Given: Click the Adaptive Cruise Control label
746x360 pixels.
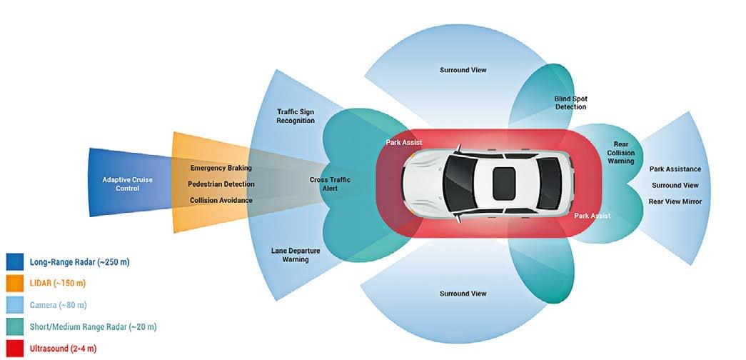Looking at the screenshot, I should pyautogui.click(x=128, y=184).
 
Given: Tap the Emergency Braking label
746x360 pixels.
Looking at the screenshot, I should pyautogui.click(x=221, y=169).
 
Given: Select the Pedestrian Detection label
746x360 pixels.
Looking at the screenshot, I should pyautogui.click(x=221, y=184).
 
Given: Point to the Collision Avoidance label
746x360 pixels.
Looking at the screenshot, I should pyautogui.click(x=221, y=201).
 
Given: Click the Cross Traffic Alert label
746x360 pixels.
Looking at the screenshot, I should pyautogui.click(x=330, y=184).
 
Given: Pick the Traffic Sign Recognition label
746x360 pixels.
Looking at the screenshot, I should pyautogui.click(x=296, y=116).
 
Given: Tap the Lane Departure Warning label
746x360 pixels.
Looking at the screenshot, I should pyautogui.click(x=295, y=255).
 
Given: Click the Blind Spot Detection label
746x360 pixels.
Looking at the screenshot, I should pyautogui.click(x=570, y=103).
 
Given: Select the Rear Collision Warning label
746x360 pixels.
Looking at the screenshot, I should pyautogui.click(x=620, y=152).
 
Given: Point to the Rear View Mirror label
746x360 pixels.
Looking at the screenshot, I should pyautogui.click(x=675, y=201).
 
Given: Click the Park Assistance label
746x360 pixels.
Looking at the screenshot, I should pyautogui.click(x=675, y=169).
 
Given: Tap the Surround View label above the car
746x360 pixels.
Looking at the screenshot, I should pyautogui.click(x=463, y=70).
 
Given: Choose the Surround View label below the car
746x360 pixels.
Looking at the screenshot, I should pyautogui.click(x=463, y=294).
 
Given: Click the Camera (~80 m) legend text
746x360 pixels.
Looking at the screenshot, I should pyautogui.click(x=58, y=305).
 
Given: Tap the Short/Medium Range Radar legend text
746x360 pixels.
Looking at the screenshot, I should pyautogui.click(x=93, y=327).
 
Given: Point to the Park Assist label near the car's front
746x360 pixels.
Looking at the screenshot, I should pyautogui.click(x=403, y=143).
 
